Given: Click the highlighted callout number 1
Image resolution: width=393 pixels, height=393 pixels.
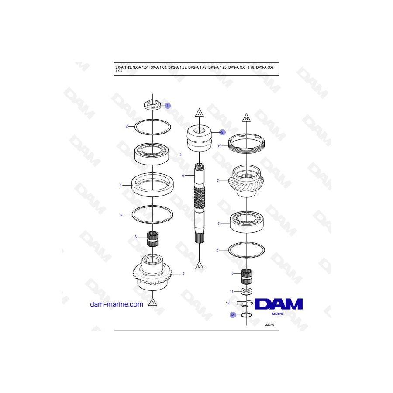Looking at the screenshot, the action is click(x=168, y=106).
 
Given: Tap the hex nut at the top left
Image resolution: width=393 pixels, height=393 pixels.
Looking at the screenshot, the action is click(x=152, y=104).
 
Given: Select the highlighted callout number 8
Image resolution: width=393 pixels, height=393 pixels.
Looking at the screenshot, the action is click(x=222, y=132).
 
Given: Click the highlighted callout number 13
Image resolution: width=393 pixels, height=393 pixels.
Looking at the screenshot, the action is click(x=233, y=315).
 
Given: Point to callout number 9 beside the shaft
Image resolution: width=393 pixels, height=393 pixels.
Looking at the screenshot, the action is click(x=183, y=176).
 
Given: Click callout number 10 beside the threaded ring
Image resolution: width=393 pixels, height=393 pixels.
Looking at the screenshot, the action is click(x=219, y=145).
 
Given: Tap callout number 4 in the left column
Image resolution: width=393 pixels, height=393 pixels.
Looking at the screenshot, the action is click(x=121, y=185).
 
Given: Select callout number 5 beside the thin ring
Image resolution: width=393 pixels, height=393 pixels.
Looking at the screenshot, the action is click(x=121, y=215).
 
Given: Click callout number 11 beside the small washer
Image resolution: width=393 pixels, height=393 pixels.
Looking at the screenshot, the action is click(x=231, y=292).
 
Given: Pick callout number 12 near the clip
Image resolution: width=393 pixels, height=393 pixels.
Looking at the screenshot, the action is click(x=228, y=303).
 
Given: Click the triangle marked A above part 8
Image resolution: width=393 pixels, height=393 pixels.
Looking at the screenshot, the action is click(x=199, y=113).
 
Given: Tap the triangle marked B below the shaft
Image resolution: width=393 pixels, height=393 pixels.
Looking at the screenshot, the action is click(x=199, y=265).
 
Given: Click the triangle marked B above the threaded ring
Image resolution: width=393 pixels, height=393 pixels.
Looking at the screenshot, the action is click(x=246, y=118).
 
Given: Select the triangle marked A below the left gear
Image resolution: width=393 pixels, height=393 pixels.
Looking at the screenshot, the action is click(x=152, y=302).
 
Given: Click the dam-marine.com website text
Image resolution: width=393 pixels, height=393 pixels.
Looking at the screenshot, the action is click(x=117, y=304).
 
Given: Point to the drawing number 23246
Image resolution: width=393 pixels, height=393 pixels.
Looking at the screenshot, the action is click(x=270, y=324).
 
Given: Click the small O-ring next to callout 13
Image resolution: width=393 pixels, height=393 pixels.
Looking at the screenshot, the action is click(x=246, y=315).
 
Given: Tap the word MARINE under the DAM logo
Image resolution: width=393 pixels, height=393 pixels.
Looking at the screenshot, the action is click(x=278, y=314).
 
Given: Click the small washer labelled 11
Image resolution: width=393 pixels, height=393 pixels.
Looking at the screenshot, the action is click(x=246, y=291).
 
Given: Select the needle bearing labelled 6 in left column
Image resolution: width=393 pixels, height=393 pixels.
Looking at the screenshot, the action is click(x=152, y=239).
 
